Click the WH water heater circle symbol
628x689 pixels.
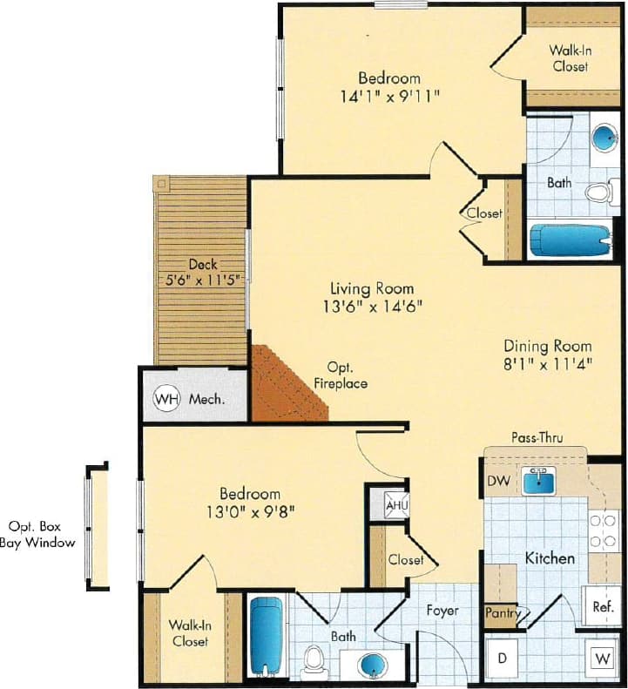point(166,400)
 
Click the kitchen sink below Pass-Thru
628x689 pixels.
point(539,480)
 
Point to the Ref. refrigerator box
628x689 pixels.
point(601,606)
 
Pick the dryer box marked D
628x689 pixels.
point(502,658)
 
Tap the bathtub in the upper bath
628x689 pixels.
point(571,240)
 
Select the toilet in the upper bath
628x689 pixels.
point(598,192)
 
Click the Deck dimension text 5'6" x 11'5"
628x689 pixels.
point(203,280)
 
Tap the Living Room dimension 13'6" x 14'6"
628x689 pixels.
point(371,307)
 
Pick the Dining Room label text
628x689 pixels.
point(548,346)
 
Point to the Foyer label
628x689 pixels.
point(441,611)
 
